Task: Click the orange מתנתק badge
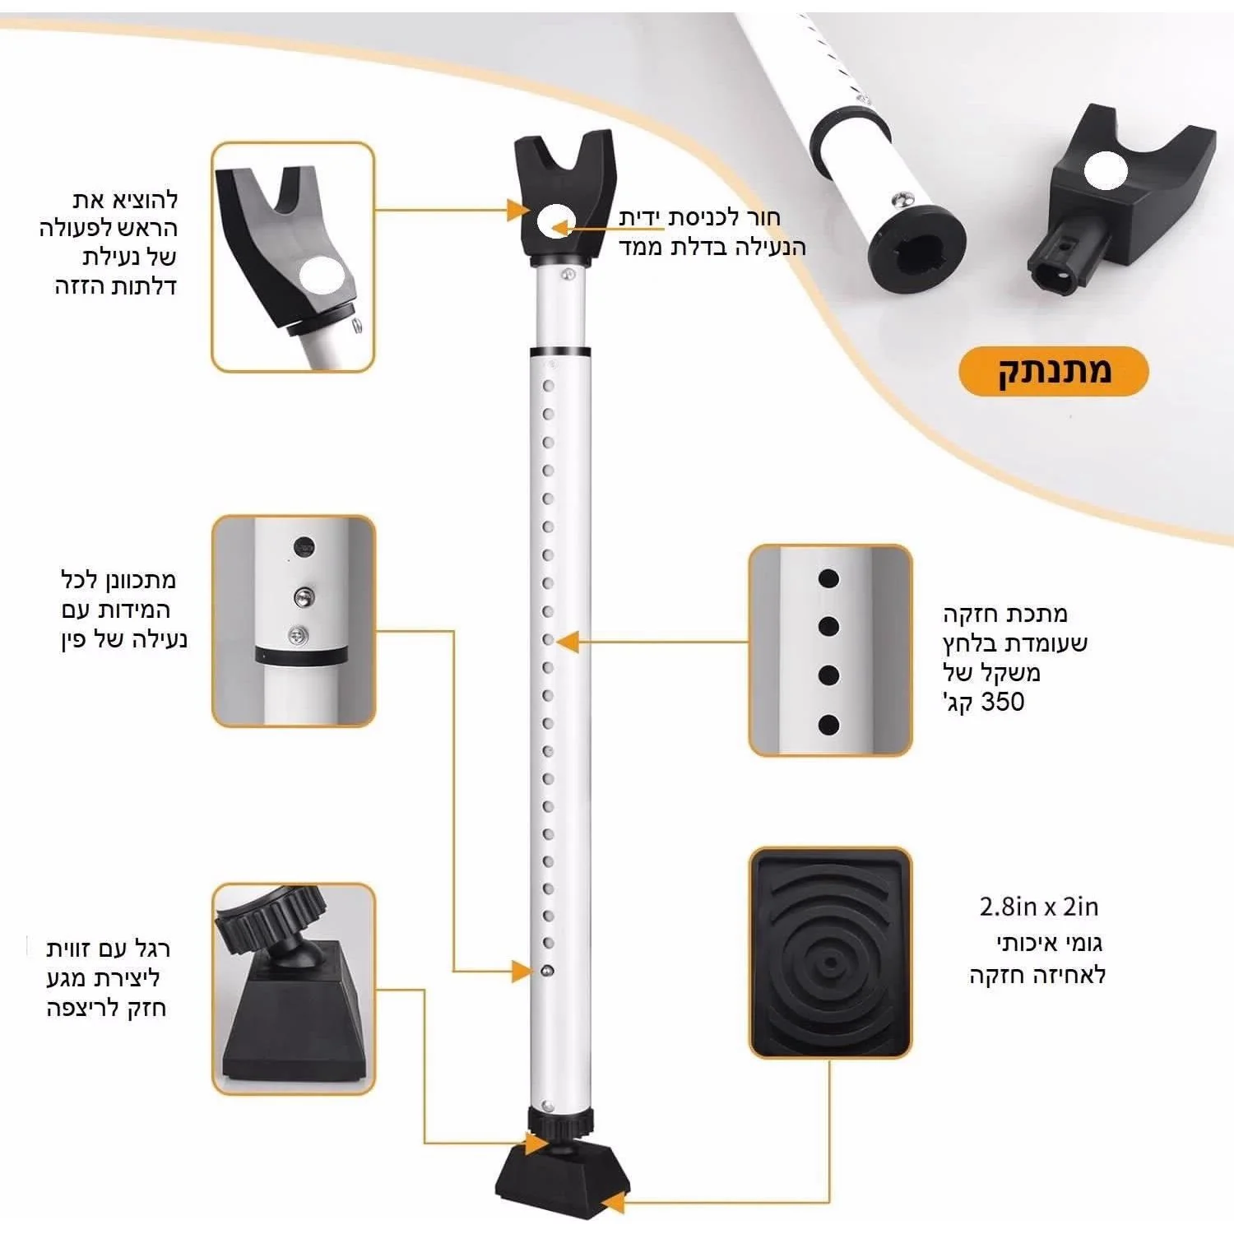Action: [x=1053, y=371]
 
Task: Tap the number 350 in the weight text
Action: [x=1003, y=702]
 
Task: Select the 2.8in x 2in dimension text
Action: [x=1038, y=907]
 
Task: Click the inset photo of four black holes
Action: [x=830, y=650]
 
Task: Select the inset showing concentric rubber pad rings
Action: [x=830, y=953]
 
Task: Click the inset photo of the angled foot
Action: [x=294, y=989]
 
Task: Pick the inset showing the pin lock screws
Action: [x=294, y=622]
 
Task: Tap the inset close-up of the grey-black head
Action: [x=293, y=257]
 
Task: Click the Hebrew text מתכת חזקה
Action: [x=1005, y=614]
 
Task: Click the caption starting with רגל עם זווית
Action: [x=108, y=978]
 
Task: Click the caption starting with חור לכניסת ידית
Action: [x=712, y=232]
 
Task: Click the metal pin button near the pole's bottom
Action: [x=548, y=972]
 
